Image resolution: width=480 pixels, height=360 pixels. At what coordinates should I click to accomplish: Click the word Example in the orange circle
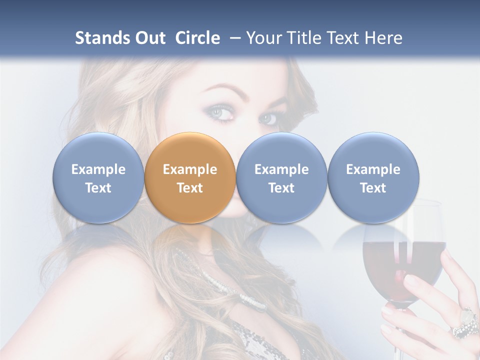pyautogui.click(x=190, y=169)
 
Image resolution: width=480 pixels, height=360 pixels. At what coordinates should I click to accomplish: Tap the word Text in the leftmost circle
pyautogui.click(x=98, y=188)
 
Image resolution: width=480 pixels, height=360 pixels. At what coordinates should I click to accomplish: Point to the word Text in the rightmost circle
pyautogui.click(x=373, y=188)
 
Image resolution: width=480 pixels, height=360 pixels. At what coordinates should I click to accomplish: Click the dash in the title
pyautogui.click(x=233, y=38)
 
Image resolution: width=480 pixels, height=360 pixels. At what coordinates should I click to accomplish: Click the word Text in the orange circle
pyautogui.click(x=190, y=188)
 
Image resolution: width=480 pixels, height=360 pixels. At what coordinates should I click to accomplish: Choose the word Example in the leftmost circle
pyautogui.click(x=98, y=169)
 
